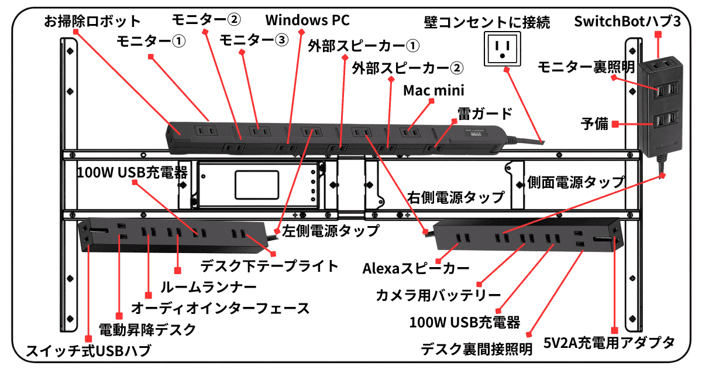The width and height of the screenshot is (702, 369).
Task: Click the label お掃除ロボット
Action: click(93, 22)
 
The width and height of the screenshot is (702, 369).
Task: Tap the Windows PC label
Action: click(307, 20)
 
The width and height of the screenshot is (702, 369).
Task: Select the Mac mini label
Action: click(433, 91)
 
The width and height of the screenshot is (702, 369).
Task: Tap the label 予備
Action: click(594, 124)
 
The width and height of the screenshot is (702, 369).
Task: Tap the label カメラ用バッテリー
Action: click(438, 295)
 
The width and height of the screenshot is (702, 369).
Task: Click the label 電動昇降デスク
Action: click(147, 329)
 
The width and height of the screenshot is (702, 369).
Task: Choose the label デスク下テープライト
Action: click(269, 266)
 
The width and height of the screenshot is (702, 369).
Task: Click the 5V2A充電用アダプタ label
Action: click(610, 342)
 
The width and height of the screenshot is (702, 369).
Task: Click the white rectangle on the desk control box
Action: click(256, 184)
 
